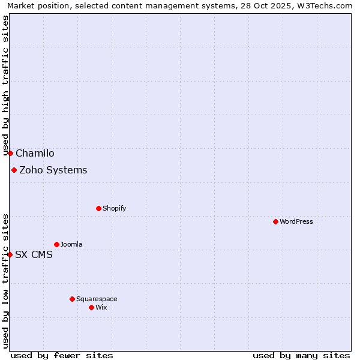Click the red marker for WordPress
click(275, 221)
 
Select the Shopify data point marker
click(98, 208)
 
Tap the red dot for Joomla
click(56, 244)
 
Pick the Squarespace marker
click(72, 299)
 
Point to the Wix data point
click(91, 307)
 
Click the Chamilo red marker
click(10, 153)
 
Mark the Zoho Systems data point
click(14, 170)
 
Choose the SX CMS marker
click(10, 254)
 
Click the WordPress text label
click(296, 221)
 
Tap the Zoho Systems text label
click(53, 170)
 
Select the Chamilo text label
click(35, 153)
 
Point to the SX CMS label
click(34, 254)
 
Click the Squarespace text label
click(97, 299)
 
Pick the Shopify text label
click(114, 208)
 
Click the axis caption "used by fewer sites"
click(62, 355)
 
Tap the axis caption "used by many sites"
click(301, 355)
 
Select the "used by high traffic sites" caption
click(5, 86)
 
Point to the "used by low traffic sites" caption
click(5, 281)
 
